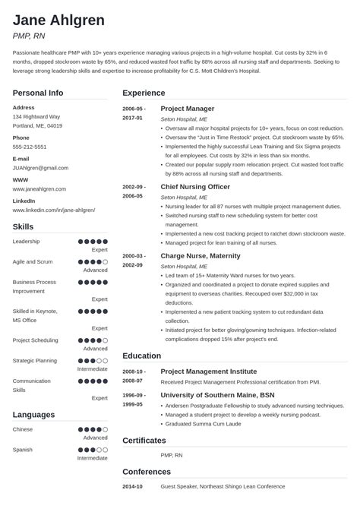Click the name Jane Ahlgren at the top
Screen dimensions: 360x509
(58, 20)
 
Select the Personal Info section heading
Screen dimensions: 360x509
(38, 93)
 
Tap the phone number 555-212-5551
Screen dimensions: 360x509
(30, 147)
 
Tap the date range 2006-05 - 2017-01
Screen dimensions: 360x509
(133, 113)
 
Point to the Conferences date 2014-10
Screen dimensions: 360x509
(133, 486)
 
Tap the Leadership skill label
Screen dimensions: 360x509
(27, 241)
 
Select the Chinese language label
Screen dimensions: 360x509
(24, 430)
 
